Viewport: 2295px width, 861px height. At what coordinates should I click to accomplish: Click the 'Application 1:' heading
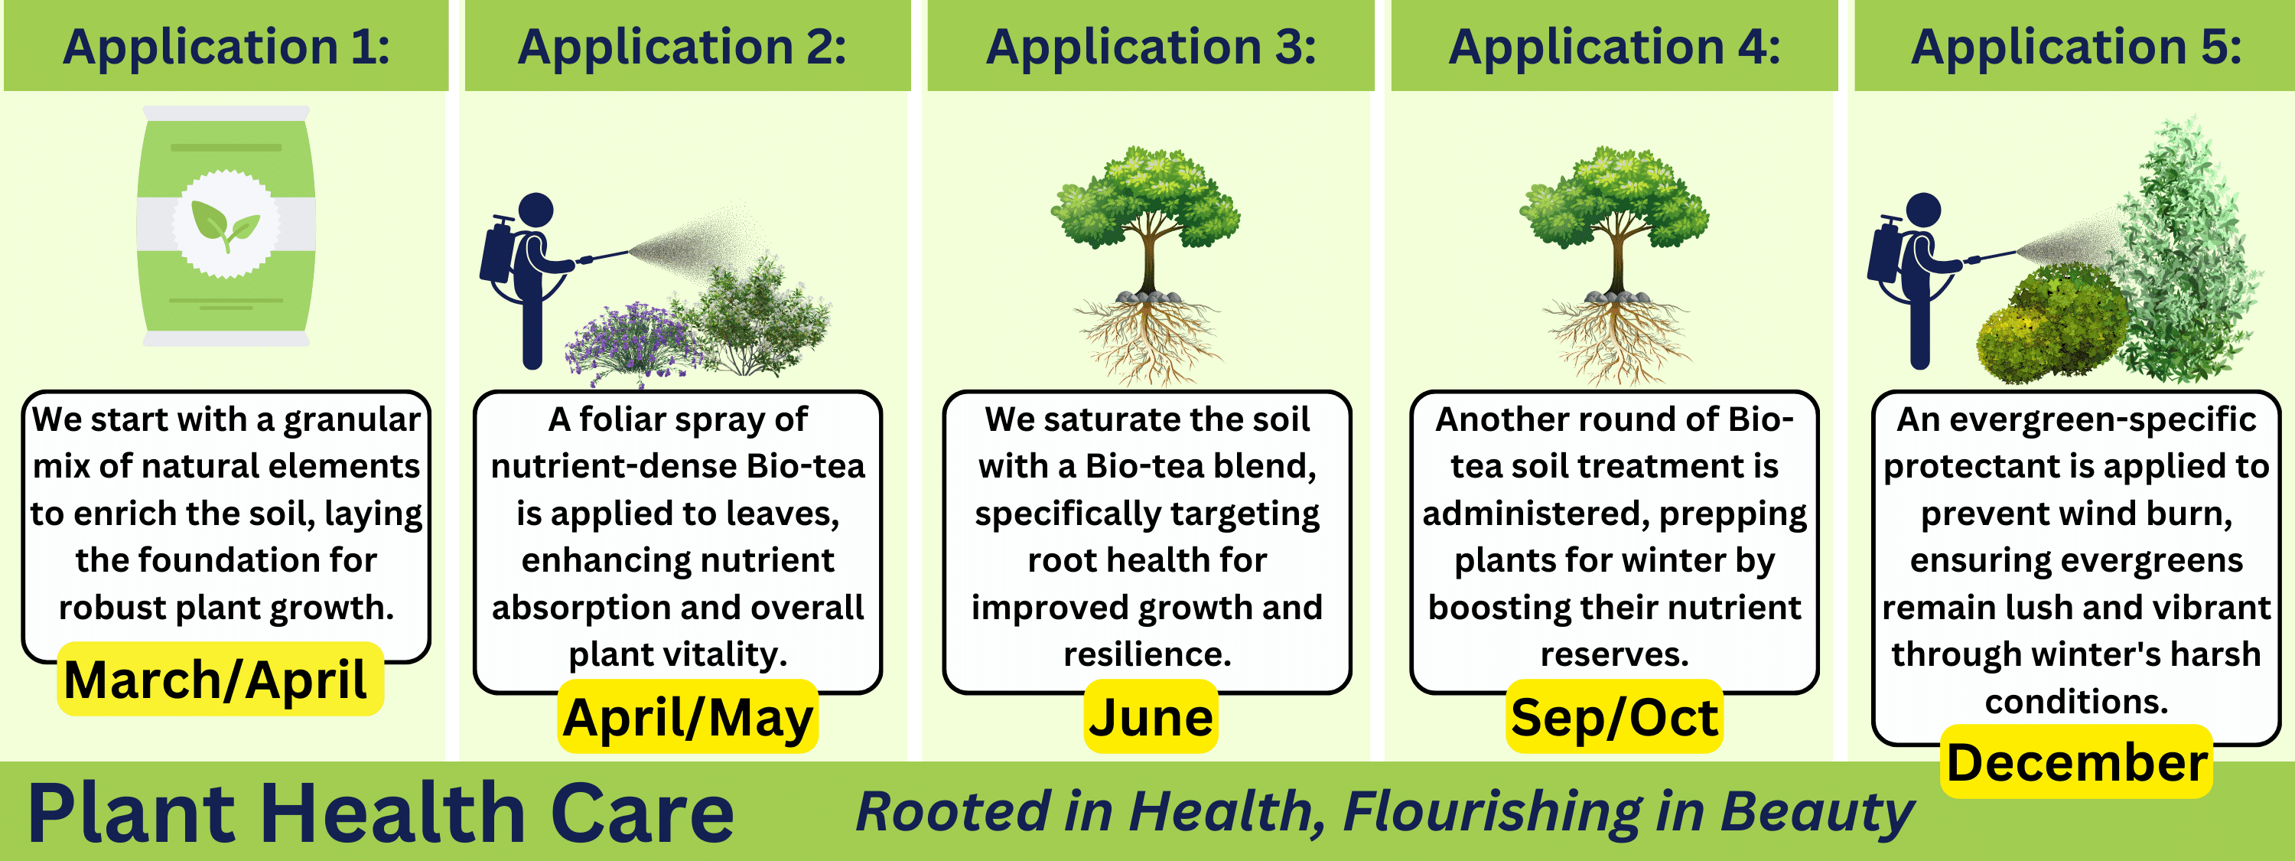[x=226, y=47]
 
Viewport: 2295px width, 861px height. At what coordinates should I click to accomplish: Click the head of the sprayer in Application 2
[x=535, y=210]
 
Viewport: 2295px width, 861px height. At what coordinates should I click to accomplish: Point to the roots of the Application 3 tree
[x=1148, y=343]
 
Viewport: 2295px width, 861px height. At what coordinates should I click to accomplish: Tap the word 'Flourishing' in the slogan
[x=1492, y=812]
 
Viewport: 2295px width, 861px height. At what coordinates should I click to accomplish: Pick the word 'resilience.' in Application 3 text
[x=1147, y=655]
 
